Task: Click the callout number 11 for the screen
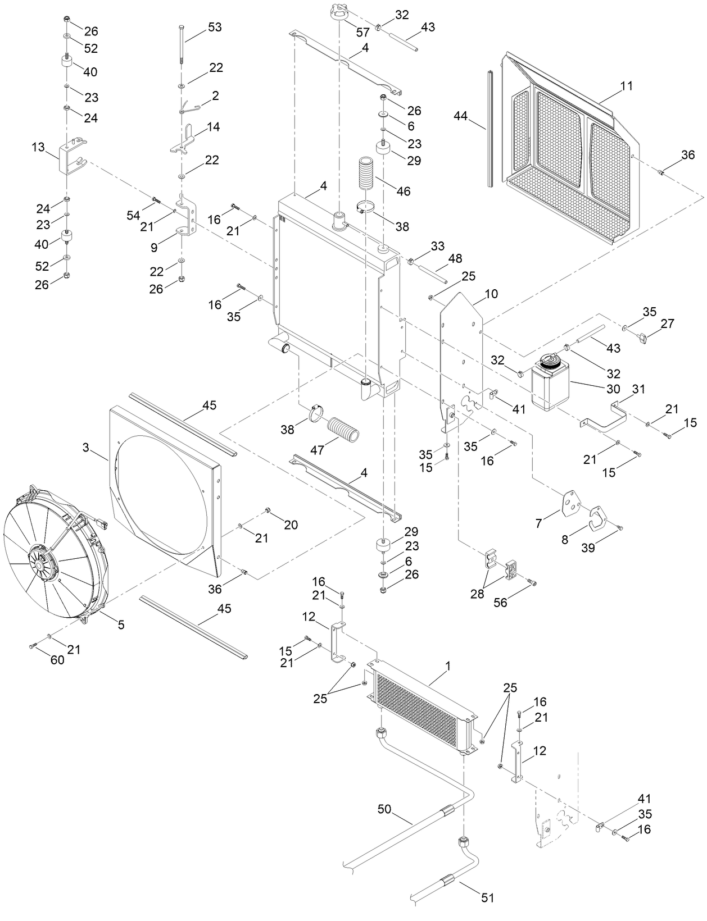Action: [x=627, y=86]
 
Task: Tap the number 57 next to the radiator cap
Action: [x=363, y=33]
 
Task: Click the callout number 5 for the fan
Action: [x=121, y=624]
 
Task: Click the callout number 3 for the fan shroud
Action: [x=85, y=448]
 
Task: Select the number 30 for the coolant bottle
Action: [x=613, y=389]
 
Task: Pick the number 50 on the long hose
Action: [x=384, y=809]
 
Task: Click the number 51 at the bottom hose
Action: [x=488, y=898]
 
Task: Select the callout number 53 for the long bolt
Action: [x=214, y=27]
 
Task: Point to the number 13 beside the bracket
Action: [x=39, y=147]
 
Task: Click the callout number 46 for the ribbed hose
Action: [x=403, y=191]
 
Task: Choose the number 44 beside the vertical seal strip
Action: [x=461, y=116]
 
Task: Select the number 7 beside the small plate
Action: [x=539, y=523]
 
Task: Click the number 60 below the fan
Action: [x=57, y=660]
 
